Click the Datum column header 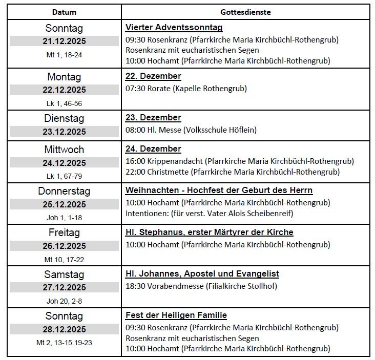coord(64,12)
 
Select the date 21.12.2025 coord(64,41)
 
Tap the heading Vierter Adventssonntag coord(174,28)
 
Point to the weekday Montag coord(64,77)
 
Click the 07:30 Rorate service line coord(186,89)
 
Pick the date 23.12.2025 coord(64,132)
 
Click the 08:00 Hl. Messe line coord(191,130)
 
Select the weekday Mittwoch coord(64,150)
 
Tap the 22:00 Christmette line coord(232,172)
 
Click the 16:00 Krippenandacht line coord(240,161)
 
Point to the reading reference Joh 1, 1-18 coord(64,218)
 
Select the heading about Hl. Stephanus coord(209,232)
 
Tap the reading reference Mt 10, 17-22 coord(64,259)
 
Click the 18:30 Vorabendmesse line coord(201,286)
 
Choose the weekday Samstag coord(64,274)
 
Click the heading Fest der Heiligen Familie coord(176,315)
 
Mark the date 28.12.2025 coord(64,329)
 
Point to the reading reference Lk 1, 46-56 coord(64,103)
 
